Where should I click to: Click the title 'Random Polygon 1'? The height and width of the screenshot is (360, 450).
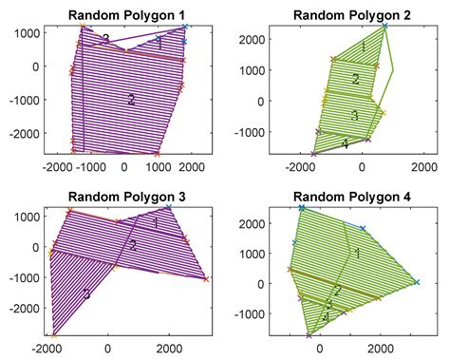click(123, 14)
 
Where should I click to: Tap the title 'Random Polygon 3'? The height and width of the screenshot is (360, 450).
click(123, 196)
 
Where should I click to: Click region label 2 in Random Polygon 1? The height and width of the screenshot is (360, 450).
click(131, 99)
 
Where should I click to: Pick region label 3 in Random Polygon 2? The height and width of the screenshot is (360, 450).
click(353, 115)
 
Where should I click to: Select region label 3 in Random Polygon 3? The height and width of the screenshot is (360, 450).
click(85, 295)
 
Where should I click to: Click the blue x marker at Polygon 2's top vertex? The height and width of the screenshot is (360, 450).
click(386, 26)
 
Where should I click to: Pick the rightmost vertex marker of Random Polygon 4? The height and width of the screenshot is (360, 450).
click(416, 282)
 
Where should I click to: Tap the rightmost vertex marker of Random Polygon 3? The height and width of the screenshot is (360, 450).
click(206, 279)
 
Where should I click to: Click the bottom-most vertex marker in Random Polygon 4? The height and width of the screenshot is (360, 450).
click(309, 334)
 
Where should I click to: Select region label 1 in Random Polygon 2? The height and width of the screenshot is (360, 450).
click(363, 47)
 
